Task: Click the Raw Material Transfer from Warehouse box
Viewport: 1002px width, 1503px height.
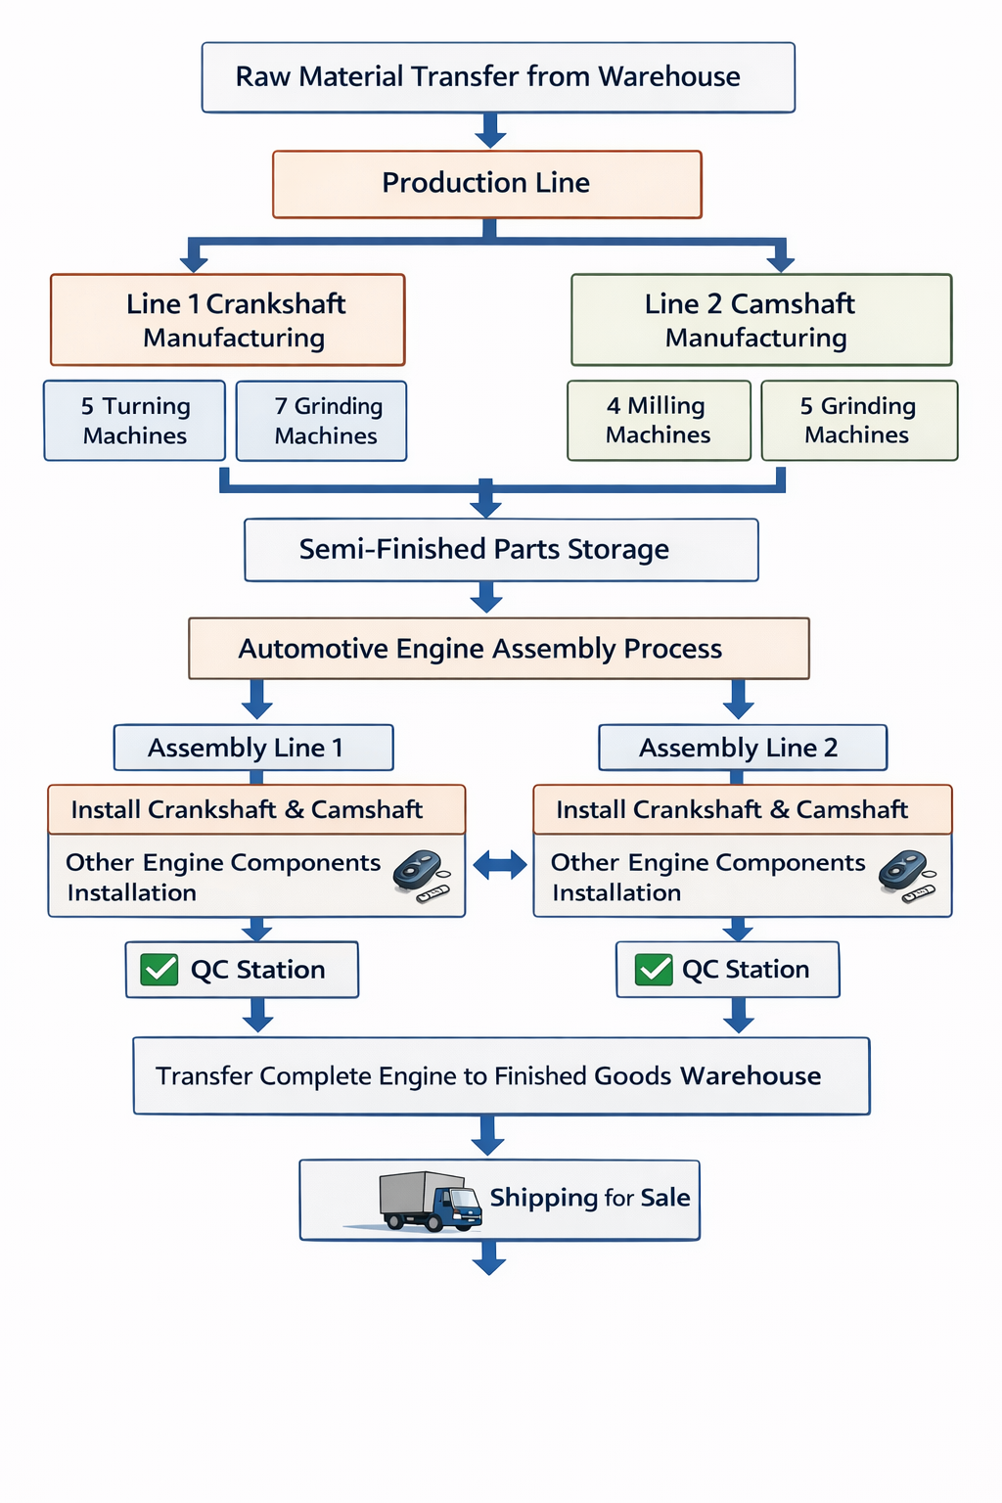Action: tap(498, 77)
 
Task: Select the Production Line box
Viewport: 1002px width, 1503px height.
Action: tap(486, 184)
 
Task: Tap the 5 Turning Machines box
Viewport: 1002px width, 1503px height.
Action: tap(135, 421)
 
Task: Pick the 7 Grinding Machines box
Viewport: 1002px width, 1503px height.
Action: tap(322, 421)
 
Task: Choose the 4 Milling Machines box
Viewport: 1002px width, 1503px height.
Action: tap(659, 421)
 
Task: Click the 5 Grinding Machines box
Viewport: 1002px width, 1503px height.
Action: tap(859, 421)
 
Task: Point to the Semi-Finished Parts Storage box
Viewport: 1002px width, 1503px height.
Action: tap(501, 550)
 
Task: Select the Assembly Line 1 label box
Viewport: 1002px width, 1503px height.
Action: tap(253, 749)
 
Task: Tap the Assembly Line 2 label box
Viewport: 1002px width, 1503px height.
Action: tap(743, 749)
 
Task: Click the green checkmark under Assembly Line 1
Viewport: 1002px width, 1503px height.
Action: tap(159, 970)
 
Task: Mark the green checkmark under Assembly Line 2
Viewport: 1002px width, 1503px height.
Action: tap(654, 970)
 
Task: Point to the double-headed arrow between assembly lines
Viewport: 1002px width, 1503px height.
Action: tap(500, 865)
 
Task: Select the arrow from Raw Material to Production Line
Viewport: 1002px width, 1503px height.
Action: tap(489, 130)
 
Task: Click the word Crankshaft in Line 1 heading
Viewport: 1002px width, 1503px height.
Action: tap(276, 304)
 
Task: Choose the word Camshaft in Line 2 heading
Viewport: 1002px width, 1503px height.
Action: tap(793, 304)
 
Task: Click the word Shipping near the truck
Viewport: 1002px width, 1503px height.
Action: tap(543, 1199)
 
